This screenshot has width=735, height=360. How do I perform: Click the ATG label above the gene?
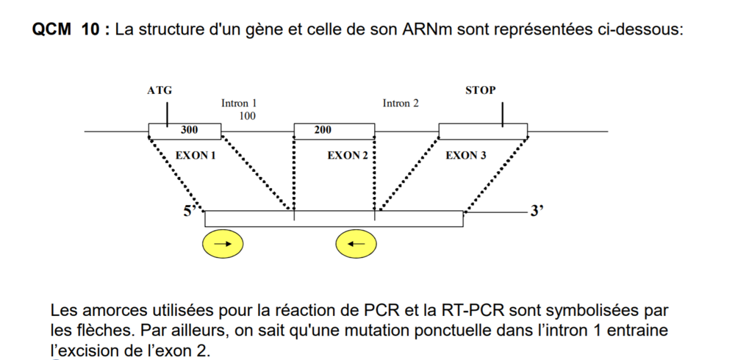(159, 90)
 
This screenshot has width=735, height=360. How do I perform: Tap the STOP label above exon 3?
(481, 90)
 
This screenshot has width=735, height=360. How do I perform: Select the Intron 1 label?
(239, 104)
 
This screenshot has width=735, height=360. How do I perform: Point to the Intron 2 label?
(401, 104)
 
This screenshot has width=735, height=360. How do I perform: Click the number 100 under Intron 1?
(248, 116)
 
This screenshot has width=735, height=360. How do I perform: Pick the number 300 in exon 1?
(190, 130)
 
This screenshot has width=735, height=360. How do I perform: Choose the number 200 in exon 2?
(323, 130)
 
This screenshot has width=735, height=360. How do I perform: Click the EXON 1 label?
(196, 156)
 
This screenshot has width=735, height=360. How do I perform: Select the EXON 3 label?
(466, 156)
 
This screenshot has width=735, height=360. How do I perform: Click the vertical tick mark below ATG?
(168, 114)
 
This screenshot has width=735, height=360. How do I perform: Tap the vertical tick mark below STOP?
(503, 114)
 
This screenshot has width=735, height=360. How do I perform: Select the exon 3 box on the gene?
(482, 132)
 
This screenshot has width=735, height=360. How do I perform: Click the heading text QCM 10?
(69, 31)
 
